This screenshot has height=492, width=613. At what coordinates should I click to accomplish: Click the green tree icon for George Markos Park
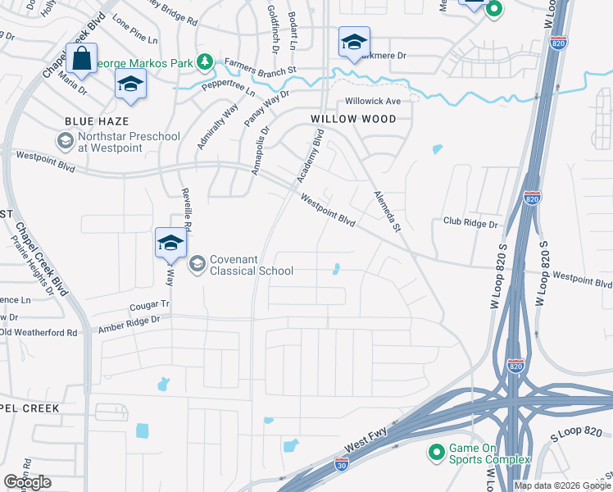[205, 62]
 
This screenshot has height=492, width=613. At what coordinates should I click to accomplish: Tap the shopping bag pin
[81, 59]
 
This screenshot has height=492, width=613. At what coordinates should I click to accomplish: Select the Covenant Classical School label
[239, 264]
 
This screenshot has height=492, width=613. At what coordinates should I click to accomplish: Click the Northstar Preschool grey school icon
[64, 141]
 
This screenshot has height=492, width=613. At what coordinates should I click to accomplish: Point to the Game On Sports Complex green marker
[436, 452]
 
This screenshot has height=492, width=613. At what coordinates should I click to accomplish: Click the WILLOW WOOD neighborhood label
[353, 119]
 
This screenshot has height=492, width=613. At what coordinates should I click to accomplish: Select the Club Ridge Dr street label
[470, 223]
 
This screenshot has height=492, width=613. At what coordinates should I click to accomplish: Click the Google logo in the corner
[28, 481]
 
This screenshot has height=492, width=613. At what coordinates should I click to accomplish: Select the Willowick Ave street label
[372, 101]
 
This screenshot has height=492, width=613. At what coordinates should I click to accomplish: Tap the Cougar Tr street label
[148, 304]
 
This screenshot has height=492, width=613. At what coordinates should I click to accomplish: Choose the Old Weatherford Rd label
[39, 332]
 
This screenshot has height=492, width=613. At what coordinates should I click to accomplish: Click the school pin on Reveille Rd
[170, 244]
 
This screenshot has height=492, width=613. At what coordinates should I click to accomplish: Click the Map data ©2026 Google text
[561, 485]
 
